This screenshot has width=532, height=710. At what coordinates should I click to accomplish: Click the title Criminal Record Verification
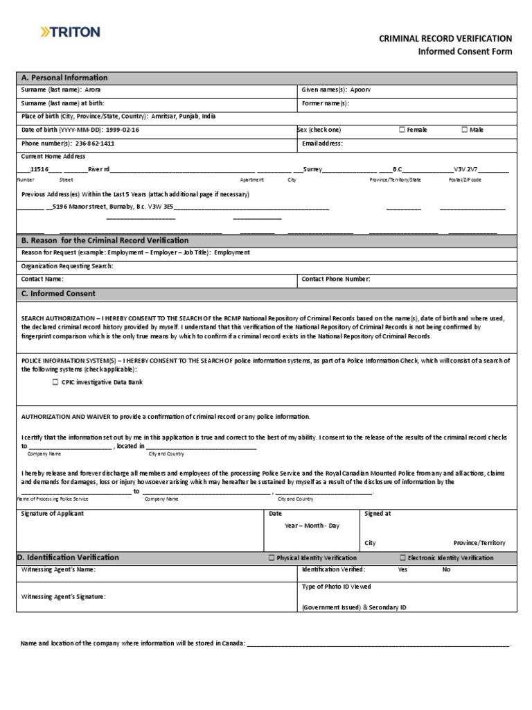(445, 39)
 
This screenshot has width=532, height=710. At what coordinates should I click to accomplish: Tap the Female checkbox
(402, 130)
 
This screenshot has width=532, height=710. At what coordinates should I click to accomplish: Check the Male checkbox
(464, 130)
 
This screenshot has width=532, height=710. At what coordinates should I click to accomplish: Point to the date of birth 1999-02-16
(123, 130)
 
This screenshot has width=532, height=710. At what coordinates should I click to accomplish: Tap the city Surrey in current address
(312, 169)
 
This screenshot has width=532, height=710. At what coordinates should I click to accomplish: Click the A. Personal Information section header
(64, 78)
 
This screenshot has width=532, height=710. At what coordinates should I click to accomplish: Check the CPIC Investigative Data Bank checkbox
(55, 382)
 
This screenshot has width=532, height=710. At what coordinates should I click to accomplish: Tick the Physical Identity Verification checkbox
(271, 557)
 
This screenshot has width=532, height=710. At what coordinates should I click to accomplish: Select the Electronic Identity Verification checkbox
(402, 557)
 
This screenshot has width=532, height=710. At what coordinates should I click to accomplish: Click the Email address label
(322, 144)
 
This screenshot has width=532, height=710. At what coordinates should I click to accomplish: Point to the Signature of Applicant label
(53, 514)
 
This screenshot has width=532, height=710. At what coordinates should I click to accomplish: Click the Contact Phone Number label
(336, 279)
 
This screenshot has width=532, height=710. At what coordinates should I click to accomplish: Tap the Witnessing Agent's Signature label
(64, 596)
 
